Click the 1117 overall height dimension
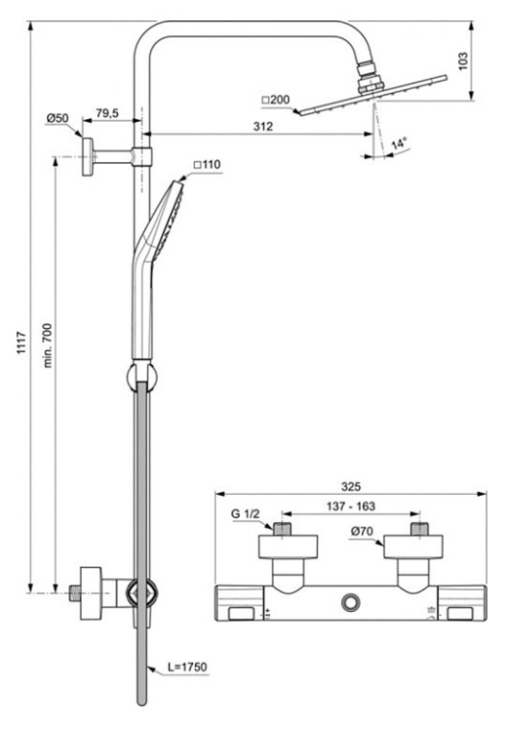[21, 342]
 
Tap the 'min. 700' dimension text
[48, 345]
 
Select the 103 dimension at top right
[463, 61]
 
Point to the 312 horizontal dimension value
[262, 127]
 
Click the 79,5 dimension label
[108, 113]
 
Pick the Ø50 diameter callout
[58, 118]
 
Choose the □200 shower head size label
[276, 100]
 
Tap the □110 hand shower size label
[207, 164]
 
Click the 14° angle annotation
[399, 144]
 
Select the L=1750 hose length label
[187, 667]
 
